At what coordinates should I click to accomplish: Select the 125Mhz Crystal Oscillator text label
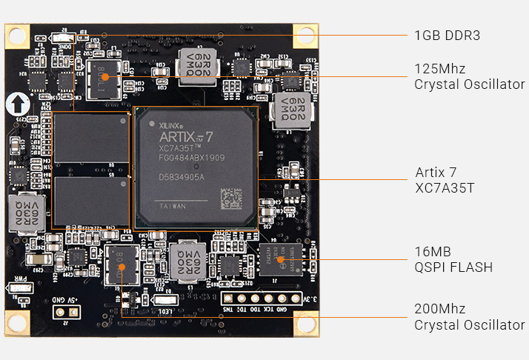pos(469,76)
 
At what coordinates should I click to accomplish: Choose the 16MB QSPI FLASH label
pos(453,259)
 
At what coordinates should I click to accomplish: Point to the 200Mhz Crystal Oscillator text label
pos(469,317)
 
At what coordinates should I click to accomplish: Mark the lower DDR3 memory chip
pos(91,201)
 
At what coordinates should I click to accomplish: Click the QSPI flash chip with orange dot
pos(280,259)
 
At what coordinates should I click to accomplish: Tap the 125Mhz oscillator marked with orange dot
pos(105,77)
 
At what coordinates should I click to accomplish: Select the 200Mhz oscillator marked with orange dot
pos(122,264)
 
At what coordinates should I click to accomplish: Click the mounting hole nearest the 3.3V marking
pos(305,321)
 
